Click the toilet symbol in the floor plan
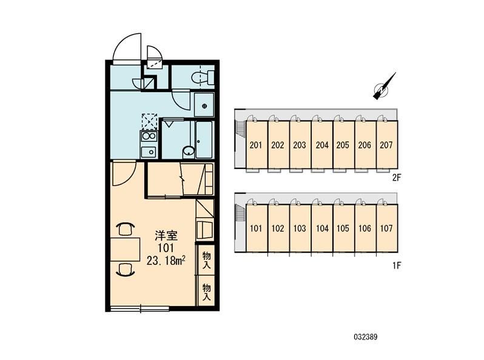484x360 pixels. (x=203, y=78)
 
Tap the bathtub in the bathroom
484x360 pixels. (x=204, y=139)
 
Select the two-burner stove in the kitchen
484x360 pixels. (x=149, y=136)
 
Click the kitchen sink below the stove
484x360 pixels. (x=149, y=152)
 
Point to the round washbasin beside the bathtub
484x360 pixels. (x=188, y=152)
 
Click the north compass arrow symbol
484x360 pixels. (x=384, y=87)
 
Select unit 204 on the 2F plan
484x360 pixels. (x=322, y=145)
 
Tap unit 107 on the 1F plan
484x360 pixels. (x=387, y=228)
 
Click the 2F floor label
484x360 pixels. (x=396, y=177)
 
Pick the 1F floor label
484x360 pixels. (x=397, y=265)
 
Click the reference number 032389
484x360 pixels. (x=366, y=336)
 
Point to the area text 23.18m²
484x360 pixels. (x=166, y=261)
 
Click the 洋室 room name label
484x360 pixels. (x=166, y=235)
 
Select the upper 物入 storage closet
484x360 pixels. (x=206, y=260)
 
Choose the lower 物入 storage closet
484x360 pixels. (x=206, y=292)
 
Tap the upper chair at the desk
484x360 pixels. (x=126, y=229)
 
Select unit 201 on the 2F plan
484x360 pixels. (x=256, y=145)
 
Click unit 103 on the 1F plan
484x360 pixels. (x=300, y=228)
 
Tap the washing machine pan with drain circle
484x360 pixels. (x=204, y=105)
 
